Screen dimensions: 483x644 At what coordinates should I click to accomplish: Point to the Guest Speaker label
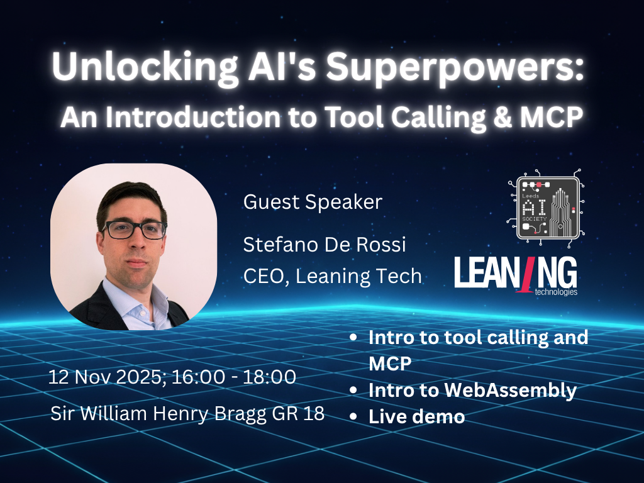pos(313,202)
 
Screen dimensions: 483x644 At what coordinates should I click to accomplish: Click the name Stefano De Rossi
pos(325,245)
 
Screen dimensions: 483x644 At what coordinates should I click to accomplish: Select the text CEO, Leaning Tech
pos(332,275)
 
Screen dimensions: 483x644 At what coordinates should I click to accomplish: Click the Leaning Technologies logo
pos(515,274)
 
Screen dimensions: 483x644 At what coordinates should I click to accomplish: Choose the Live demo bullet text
pos(416,416)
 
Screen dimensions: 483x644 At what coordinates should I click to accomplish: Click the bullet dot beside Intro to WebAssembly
pos(354,391)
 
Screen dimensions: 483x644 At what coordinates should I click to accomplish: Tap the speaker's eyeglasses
pos(135,230)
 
